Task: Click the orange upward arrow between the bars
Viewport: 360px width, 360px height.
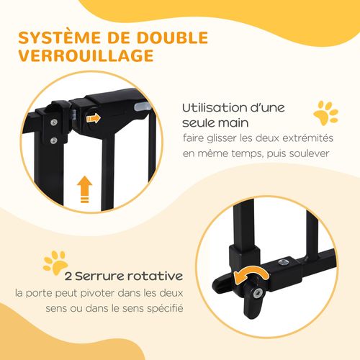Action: tap(86, 191)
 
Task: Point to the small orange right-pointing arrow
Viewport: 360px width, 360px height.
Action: tap(93, 117)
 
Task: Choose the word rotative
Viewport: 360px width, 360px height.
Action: tap(156, 276)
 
